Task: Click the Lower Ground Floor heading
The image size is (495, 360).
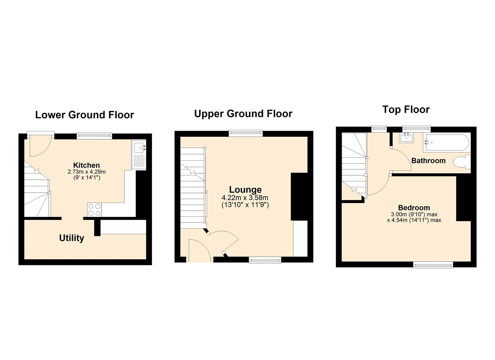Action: tap(84, 115)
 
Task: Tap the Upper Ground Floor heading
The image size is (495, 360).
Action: tap(243, 114)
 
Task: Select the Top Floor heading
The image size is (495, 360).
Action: tap(406, 109)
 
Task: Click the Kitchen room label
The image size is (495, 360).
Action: tap(86, 165)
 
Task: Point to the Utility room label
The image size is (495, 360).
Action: tap(71, 238)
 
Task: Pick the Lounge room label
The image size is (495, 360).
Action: tap(245, 190)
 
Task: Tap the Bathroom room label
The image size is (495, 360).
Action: tap(428, 161)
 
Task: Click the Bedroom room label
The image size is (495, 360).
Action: tap(414, 208)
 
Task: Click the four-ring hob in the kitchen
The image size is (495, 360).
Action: tap(94, 210)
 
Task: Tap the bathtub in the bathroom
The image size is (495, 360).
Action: tap(446, 143)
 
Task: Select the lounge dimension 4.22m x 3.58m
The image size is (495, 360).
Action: tap(245, 198)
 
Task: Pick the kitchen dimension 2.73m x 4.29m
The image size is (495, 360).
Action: tap(87, 172)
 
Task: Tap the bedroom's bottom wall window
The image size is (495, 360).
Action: tap(433, 265)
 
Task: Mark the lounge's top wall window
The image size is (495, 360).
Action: tap(246, 133)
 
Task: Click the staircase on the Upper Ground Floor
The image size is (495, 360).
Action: tap(193, 188)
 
